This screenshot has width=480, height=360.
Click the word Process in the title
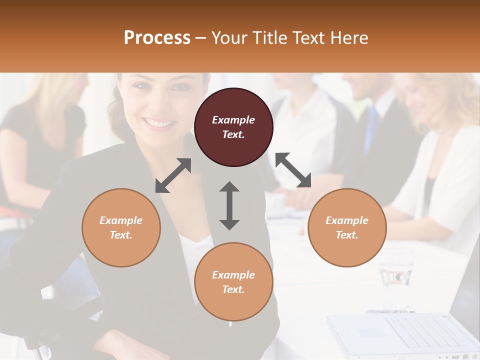(x=157, y=38)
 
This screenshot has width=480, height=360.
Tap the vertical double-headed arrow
(x=229, y=205)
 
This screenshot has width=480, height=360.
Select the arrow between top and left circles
(x=173, y=175)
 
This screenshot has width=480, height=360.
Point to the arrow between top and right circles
(x=293, y=170)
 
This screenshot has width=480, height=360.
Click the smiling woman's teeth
(x=158, y=123)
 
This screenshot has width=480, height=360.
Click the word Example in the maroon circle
(x=233, y=120)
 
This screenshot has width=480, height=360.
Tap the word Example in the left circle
(x=121, y=220)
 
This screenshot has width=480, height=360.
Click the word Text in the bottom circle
(x=232, y=289)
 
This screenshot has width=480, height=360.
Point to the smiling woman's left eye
(x=179, y=88)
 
